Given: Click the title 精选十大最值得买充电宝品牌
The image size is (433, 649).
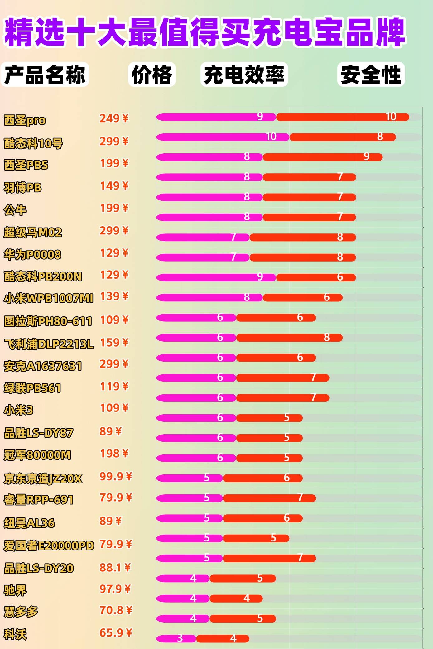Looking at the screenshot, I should (x=204, y=32).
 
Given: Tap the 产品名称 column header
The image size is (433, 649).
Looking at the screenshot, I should (x=45, y=75).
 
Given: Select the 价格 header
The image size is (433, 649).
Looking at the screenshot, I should (x=152, y=75).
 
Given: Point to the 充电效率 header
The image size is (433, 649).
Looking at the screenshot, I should (x=244, y=75).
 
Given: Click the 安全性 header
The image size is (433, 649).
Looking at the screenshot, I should (x=371, y=75).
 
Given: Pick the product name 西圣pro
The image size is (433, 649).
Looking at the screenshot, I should (x=25, y=120).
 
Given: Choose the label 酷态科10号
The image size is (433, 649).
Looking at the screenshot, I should (x=33, y=143).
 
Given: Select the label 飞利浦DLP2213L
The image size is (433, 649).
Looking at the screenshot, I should (x=48, y=344).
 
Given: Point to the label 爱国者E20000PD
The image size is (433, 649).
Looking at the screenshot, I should (x=49, y=546).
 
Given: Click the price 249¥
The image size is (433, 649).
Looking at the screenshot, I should (x=114, y=118).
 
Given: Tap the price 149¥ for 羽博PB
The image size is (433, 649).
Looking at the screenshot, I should (x=114, y=186).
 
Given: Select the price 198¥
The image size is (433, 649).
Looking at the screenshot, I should (x=114, y=454).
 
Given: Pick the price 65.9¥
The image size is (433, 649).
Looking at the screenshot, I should (x=116, y=632).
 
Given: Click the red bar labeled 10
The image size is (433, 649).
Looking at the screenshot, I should (x=342, y=117).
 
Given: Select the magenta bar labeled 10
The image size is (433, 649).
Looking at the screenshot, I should (x=223, y=137).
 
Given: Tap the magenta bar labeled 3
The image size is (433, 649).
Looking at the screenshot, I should (x=176, y=639).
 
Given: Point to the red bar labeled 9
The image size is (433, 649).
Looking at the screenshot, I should (x=322, y=157).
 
